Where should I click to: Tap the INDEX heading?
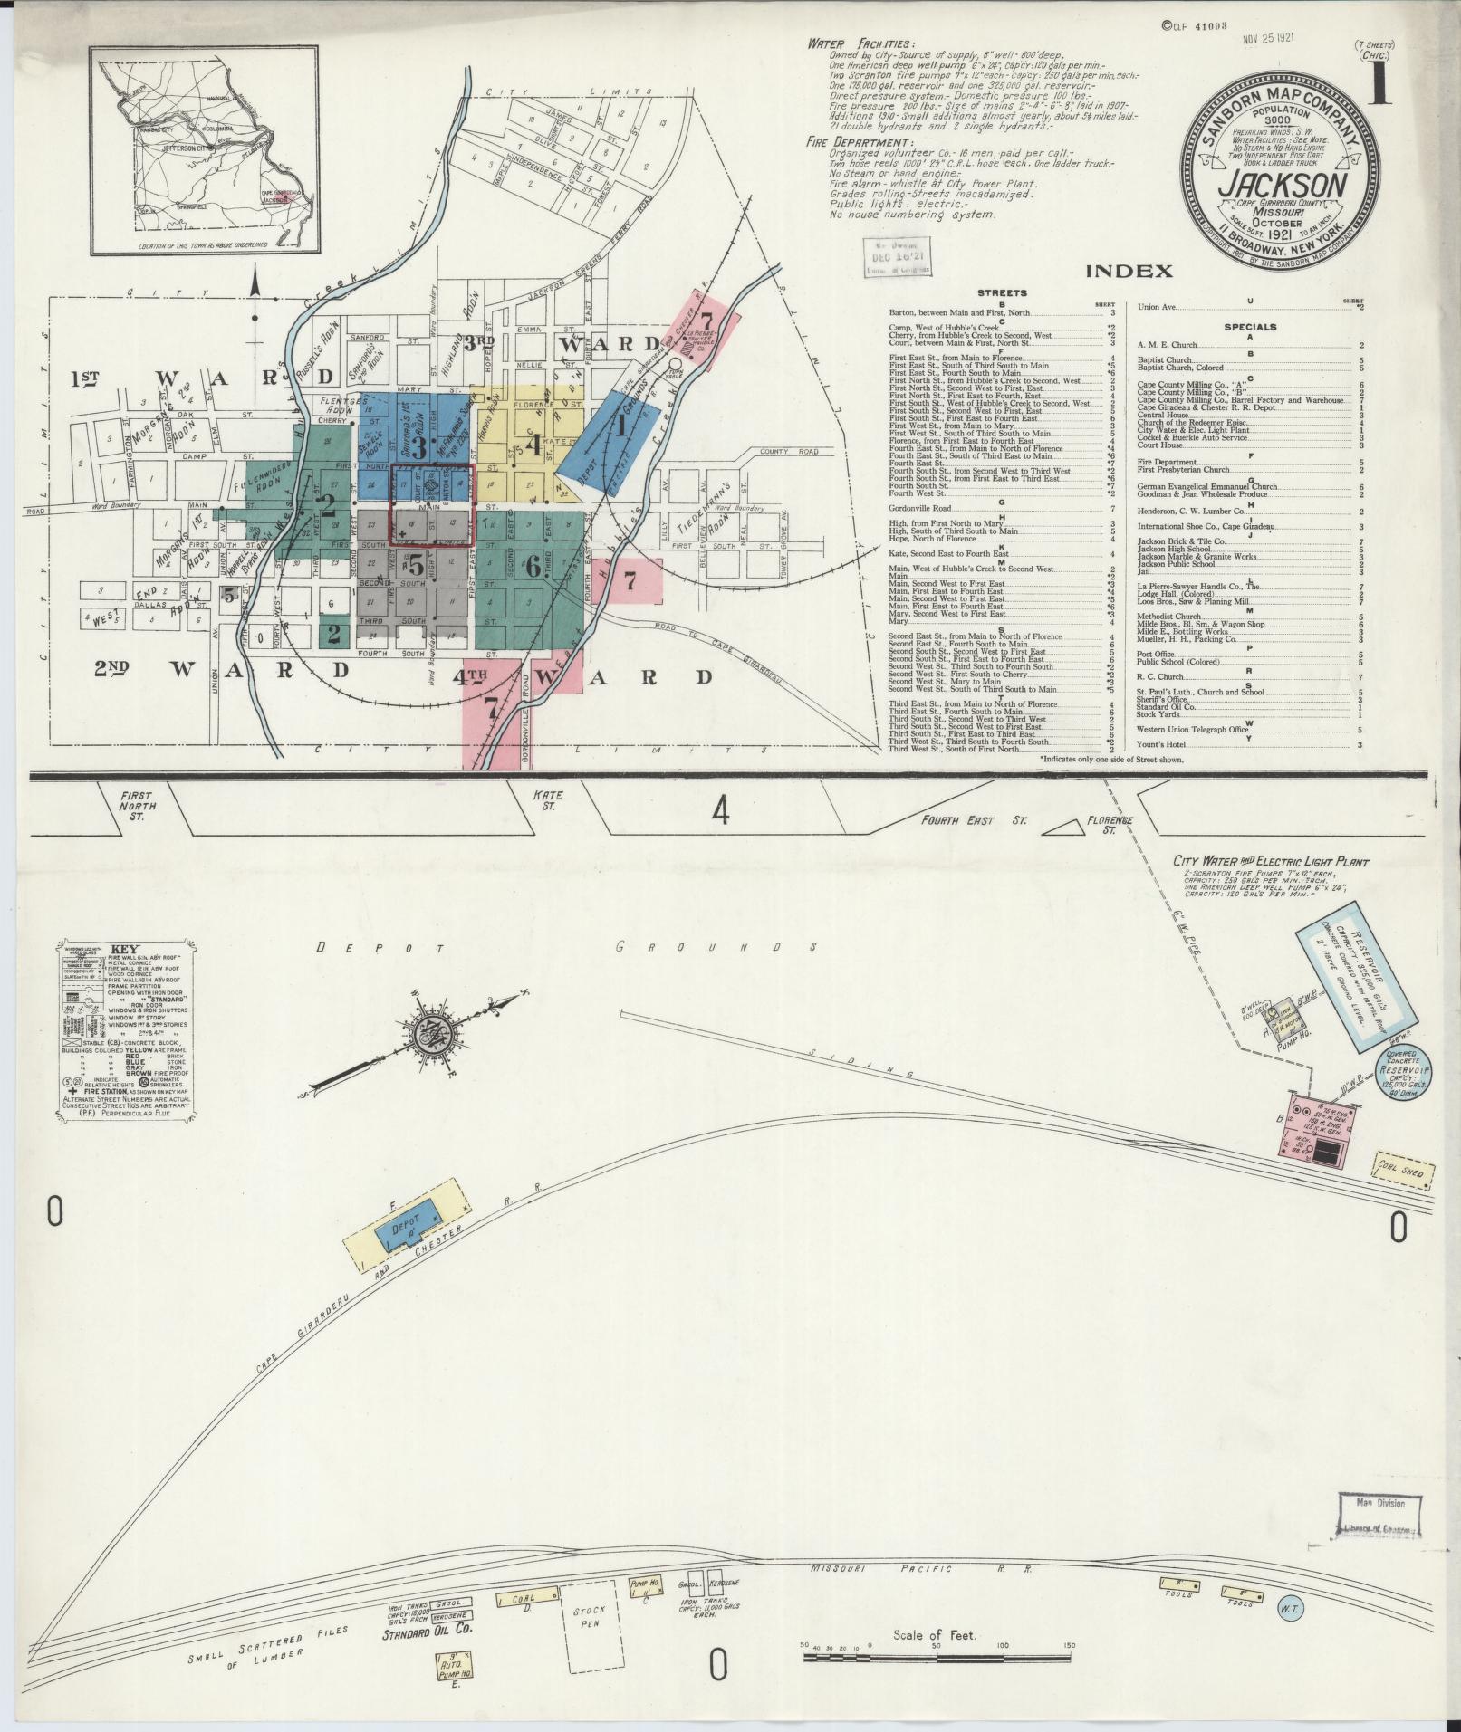click(1128, 271)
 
